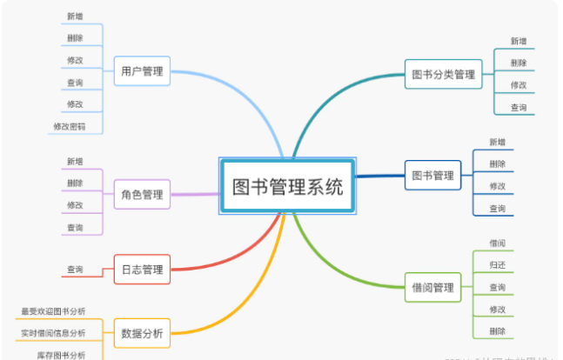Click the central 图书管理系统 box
pyautogui.click(x=287, y=185)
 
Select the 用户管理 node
pyautogui.click(x=142, y=72)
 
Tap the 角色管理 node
pyautogui.click(x=142, y=195)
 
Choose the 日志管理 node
pyautogui.click(x=142, y=270)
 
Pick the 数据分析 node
pyautogui.click(x=142, y=333)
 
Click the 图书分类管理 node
pyautogui.click(x=444, y=75)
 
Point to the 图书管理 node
pyautogui.click(x=432, y=176)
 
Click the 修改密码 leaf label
pyautogui.click(x=69, y=127)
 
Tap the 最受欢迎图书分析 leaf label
pyautogui.click(x=53, y=310)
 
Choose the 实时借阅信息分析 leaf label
pyautogui.click(x=53, y=333)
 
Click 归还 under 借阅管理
pyautogui.click(x=498, y=264)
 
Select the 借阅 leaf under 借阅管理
pyautogui.click(x=498, y=243)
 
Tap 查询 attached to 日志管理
pyautogui.click(x=75, y=270)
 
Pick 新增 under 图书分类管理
pyautogui.click(x=519, y=41)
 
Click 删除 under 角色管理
pyautogui.click(x=75, y=183)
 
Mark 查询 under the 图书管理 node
pyautogui.click(x=498, y=209)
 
